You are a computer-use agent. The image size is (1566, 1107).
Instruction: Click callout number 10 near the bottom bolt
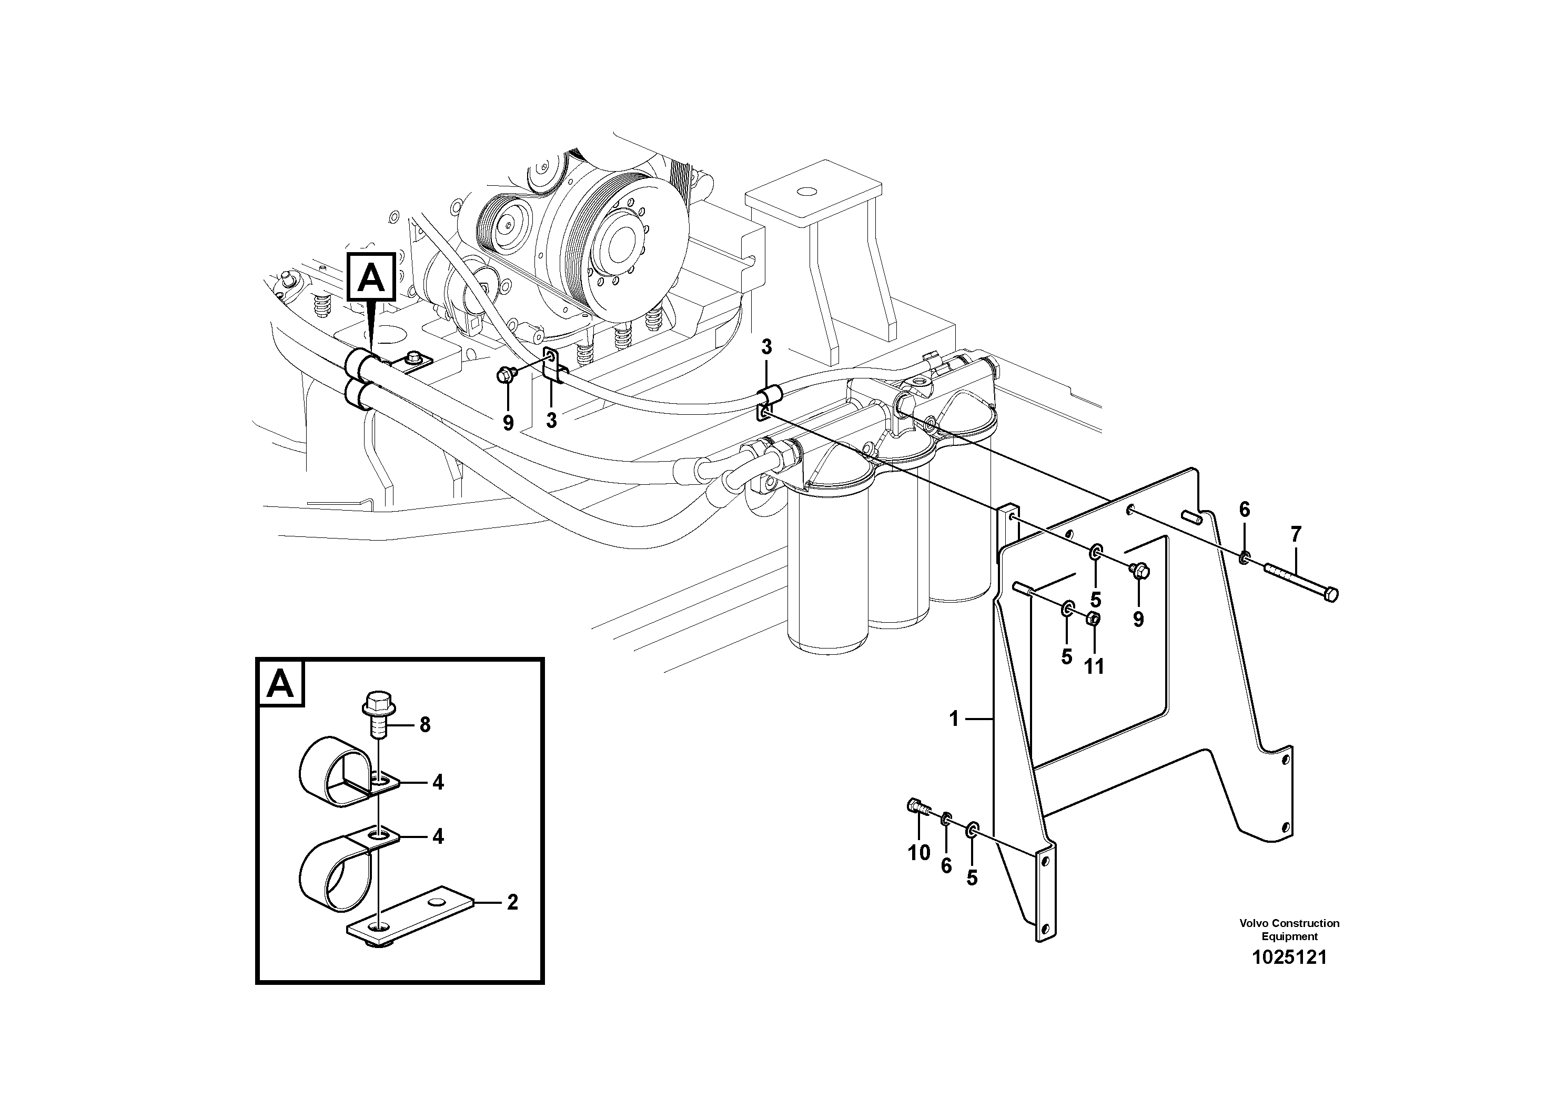click(x=919, y=852)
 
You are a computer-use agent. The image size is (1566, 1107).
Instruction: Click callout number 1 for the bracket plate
click(x=954, y=718)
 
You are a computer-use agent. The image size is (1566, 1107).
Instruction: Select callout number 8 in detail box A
click(x=425, y=725)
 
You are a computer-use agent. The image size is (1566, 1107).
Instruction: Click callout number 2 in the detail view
click(x=512, y=902)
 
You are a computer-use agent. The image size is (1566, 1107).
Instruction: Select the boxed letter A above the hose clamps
click(x=371, y=277)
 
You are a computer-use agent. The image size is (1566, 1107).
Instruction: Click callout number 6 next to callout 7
click(x=1244, y=509)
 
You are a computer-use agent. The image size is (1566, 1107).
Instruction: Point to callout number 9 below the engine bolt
click(x=508, y=423)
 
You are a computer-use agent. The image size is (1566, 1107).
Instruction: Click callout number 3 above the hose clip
click(x=766, y=347)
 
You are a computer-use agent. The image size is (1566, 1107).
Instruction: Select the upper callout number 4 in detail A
click(x=438, y=782)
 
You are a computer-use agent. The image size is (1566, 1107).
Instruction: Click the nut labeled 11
click(x=1092, y=619)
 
